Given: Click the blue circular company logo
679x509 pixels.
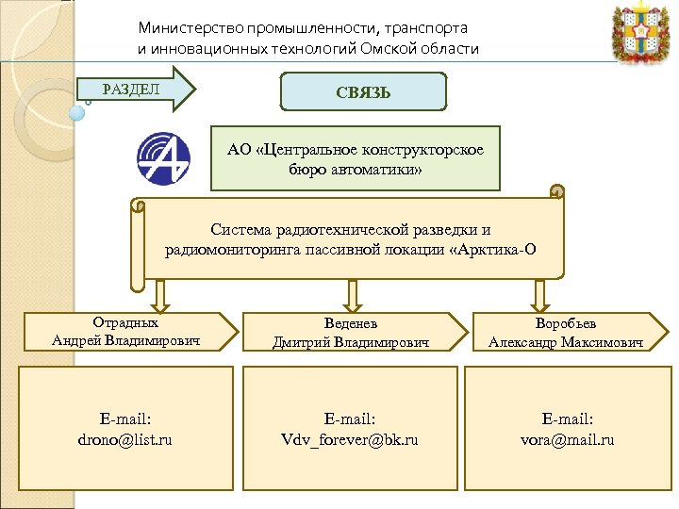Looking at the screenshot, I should (x=163, y=158).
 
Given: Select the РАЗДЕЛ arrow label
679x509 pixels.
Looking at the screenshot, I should (x=133, y=90).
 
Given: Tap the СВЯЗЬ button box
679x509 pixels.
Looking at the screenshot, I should (x=363, y=92).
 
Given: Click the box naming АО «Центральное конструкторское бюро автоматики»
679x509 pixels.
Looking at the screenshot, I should (x=355, y=158).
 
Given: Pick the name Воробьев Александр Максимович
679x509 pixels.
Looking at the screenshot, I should (x=566, y=333).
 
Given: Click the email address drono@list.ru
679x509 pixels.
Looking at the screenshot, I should (x=126, y=439).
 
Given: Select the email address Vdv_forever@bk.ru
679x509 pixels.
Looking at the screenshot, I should (x=350, y=439).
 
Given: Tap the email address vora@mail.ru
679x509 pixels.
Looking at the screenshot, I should (x=567, y=439).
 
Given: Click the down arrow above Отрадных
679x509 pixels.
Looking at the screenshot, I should (x=159, y=295).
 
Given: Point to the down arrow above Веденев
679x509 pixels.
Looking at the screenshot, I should (x=351, y=295).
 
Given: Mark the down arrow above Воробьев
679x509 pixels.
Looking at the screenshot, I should (x=539, y=295).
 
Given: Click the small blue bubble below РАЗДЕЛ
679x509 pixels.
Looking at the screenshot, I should (x=78, y=112).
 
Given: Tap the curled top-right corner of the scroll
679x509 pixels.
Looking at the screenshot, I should (x=556, y=193).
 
